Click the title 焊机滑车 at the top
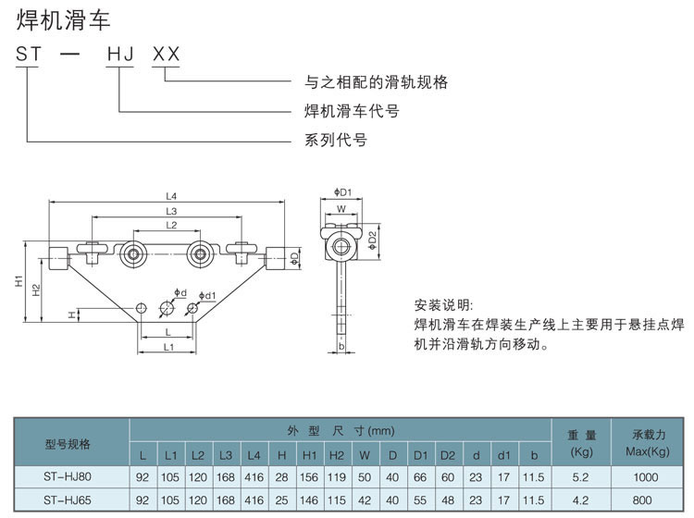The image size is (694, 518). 63,19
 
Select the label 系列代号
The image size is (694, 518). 336,141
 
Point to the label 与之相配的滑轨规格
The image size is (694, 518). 377,82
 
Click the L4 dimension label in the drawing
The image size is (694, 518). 171,195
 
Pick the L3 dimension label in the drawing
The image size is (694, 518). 171,211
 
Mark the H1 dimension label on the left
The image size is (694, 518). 19,281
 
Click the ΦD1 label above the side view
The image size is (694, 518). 343,193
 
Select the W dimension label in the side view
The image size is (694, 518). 341,209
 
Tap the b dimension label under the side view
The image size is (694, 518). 341,347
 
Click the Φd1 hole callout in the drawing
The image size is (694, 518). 208,295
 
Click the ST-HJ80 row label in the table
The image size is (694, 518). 68,476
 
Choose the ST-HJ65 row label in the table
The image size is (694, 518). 68,500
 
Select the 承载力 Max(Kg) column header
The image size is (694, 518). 647,443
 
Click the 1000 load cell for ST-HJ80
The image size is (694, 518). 647,477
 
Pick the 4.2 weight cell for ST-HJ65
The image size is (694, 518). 582,501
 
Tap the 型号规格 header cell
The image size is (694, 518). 68,444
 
